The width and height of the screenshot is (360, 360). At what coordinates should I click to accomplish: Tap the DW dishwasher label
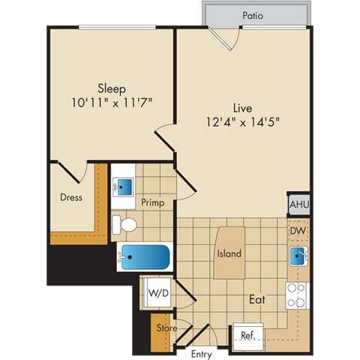point(298,232)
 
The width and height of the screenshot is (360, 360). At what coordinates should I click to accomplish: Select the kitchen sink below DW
point(298,256)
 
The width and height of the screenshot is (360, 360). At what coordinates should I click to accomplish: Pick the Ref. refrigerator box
point(247,336)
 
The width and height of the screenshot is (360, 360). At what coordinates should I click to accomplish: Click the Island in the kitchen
point(229,253)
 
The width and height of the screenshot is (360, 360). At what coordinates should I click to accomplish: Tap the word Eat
point(257,299)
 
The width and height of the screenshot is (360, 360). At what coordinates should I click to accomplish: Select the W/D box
point(157,292)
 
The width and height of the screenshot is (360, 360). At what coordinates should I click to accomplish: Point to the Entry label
point(201,353)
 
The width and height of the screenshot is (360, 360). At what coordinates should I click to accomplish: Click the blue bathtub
point(145,257)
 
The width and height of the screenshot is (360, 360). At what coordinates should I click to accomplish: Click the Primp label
point(152,202)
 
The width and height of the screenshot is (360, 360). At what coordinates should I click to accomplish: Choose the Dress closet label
point(71,198)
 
